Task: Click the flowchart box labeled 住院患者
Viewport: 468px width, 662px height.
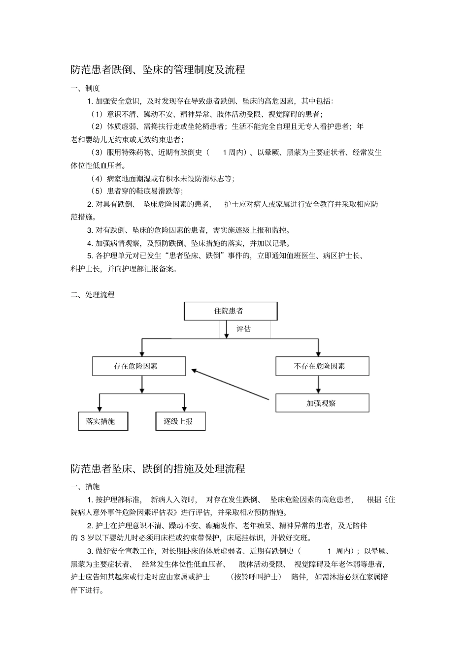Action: [231, 311]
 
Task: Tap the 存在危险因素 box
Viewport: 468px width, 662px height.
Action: [139, 366]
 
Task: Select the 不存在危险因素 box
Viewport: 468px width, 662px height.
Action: [322, 366]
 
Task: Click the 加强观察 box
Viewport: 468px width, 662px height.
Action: [322, 403]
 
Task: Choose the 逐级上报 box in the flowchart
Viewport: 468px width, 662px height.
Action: [181, 421]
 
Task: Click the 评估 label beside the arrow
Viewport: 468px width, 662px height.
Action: [244, 329]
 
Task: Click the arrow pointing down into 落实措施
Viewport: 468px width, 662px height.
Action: [100, 403]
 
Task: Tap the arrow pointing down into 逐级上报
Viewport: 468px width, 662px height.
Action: [184, 403]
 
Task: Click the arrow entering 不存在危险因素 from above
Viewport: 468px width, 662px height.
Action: [318, 348]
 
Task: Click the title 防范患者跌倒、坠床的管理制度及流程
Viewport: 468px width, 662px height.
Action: [158, 70]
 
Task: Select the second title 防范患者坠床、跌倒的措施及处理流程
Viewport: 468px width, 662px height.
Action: [158, 469]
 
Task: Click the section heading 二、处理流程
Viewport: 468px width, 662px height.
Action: [93, 294]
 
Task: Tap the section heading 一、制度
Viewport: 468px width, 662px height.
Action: [85, 88]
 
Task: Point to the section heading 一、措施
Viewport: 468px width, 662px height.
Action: [85, 486]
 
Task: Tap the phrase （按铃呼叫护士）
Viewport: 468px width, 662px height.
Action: [256, 577]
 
